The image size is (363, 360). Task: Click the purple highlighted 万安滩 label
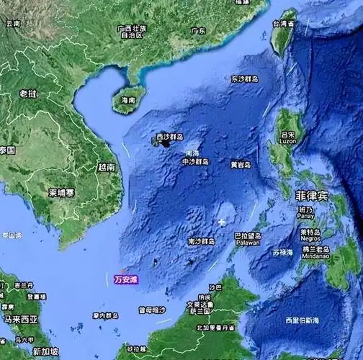coord(125,279)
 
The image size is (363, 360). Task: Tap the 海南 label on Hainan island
coord(128,99)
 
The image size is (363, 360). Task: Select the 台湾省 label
coord(283,24)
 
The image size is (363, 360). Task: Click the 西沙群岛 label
coord(170,136)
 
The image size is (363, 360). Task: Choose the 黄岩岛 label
coord(241,164)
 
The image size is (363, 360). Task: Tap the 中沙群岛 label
coord(195,162)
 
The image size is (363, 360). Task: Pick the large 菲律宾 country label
coord(312,195)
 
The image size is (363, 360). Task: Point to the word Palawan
coord(248,243)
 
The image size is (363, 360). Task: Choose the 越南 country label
coord(106,166)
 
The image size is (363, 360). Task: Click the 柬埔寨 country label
coord(61,193)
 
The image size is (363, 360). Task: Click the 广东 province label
coord(198,31)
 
